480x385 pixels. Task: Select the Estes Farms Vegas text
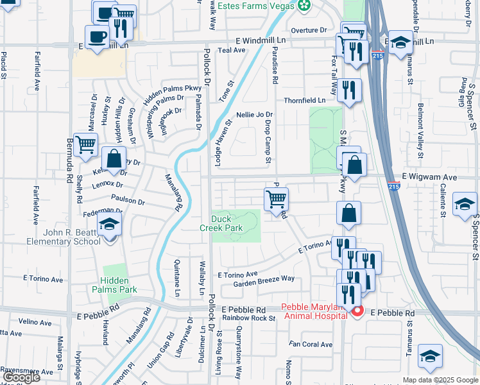[x=255, y=6]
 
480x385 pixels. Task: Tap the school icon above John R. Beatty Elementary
[x=110, y=225]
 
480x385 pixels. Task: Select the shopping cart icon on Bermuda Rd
[x=85, y=144]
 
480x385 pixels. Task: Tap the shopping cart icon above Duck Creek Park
[x=276, y=198]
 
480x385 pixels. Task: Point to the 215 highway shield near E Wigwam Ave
[x=394, y=186]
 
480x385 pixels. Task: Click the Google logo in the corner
[x=21, y=377]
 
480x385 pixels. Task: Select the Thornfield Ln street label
[x=305, y=101]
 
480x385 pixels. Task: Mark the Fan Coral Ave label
[x=311, y=345]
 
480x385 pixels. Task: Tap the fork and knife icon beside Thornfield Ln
[x=349, y=90]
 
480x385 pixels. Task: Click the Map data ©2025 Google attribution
[x=440, y=380]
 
